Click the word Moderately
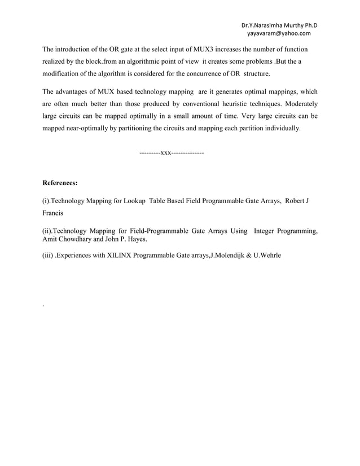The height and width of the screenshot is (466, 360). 296,104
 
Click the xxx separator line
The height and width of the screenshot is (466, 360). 171,153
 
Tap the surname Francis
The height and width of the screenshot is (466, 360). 56,214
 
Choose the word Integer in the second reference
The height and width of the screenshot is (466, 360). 267,231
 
